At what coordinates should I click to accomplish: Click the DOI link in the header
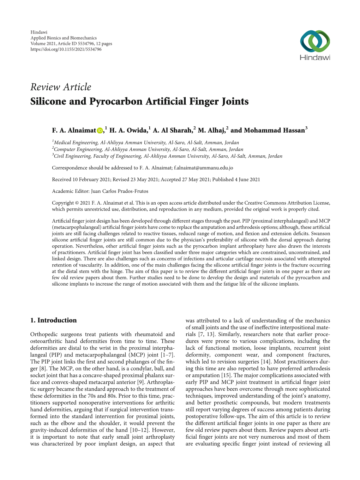(x=66, y=49)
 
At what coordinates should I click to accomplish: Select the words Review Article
(x=61, y=87)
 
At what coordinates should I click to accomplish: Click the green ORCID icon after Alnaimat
(x=100, y=131)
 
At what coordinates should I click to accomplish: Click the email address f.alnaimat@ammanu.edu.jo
(x=203, y=168)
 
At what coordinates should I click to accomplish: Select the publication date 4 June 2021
(x=247, y=179)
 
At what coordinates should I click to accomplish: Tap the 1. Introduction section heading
(x=53, y=320)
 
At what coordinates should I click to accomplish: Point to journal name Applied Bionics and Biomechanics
(x=64, y=38)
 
